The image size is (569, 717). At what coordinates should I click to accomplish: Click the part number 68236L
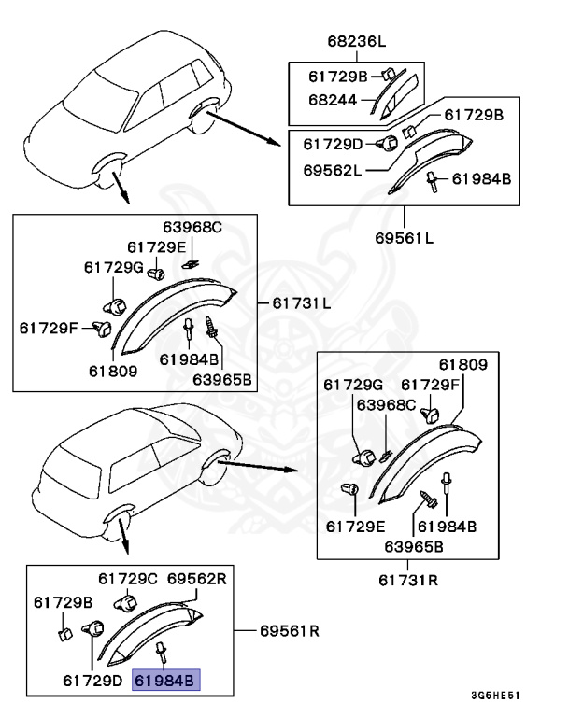pyautogui.click(x=356, y=42)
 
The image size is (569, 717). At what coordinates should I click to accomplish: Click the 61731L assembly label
pyautogui.click(x=302, y=303)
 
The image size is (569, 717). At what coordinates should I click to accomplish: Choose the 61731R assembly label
pyautogui.click(x=408, y=580)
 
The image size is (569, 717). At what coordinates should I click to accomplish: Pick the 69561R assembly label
pyautogui.click(x=290, y=631)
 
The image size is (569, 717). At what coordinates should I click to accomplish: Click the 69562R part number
pyautogui.click(x=197, y=579)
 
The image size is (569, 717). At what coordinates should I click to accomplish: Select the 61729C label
pyautogui.click(x=128, y=579)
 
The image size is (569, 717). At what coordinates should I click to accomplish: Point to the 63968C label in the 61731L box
pyautogui.click(x=192, y=228)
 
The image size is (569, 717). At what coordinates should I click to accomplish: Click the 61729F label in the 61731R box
pyautogui.click(x=430, y=385)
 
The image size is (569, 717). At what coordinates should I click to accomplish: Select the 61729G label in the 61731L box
pyautogui.click(x=114, y=267)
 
